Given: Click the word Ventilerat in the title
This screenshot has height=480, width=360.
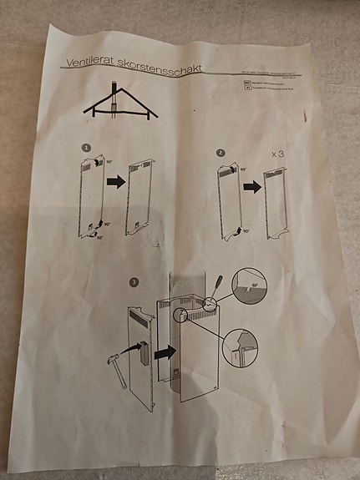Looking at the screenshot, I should point(87,64).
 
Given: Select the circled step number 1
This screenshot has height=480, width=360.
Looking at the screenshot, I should point(86,147).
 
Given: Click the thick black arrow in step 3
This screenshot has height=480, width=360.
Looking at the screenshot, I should point(164,351).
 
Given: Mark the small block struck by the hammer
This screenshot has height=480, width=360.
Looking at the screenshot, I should point(142,353).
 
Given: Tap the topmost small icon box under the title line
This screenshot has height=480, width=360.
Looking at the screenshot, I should point(240,85).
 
